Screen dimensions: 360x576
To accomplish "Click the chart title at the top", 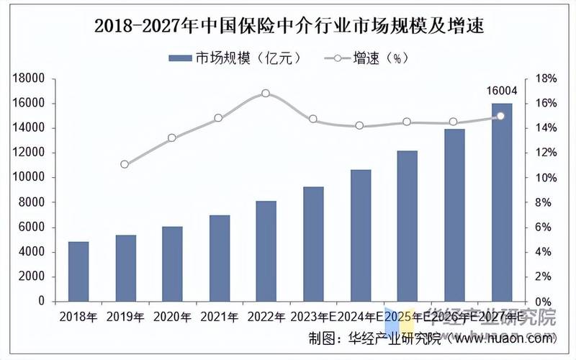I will pyautogui.click(x=288, y=27).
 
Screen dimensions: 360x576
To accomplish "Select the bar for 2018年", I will pyautogui.click(x=78, y=271).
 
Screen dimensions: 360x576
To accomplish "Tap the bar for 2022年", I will pyautogui.click(x=266, y=251).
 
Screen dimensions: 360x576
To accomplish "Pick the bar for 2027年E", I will pyautogui.click(x=502, y=202).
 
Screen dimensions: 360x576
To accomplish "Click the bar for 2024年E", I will pyautogui.click(x=361, y=235).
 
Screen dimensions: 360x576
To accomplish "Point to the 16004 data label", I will pyautogui.click(x=502, y=90).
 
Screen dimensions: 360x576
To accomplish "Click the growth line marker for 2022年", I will pyautogui.click(x=266, y=94).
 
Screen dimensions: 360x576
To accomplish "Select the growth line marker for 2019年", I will pyautogui.click(x=125, y=164).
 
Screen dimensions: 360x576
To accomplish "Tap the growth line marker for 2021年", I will pyautogui.click(x=218, y=117).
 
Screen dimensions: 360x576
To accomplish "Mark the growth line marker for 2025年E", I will pyautogui.click(x=407, y=122).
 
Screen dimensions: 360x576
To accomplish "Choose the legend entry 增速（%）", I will pyautogui.click(x=367, y=58).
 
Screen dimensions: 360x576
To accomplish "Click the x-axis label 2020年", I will pyautogui.click(x=172, y=317).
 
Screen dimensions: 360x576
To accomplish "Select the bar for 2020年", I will pyautogui.click(x=172, y=264).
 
